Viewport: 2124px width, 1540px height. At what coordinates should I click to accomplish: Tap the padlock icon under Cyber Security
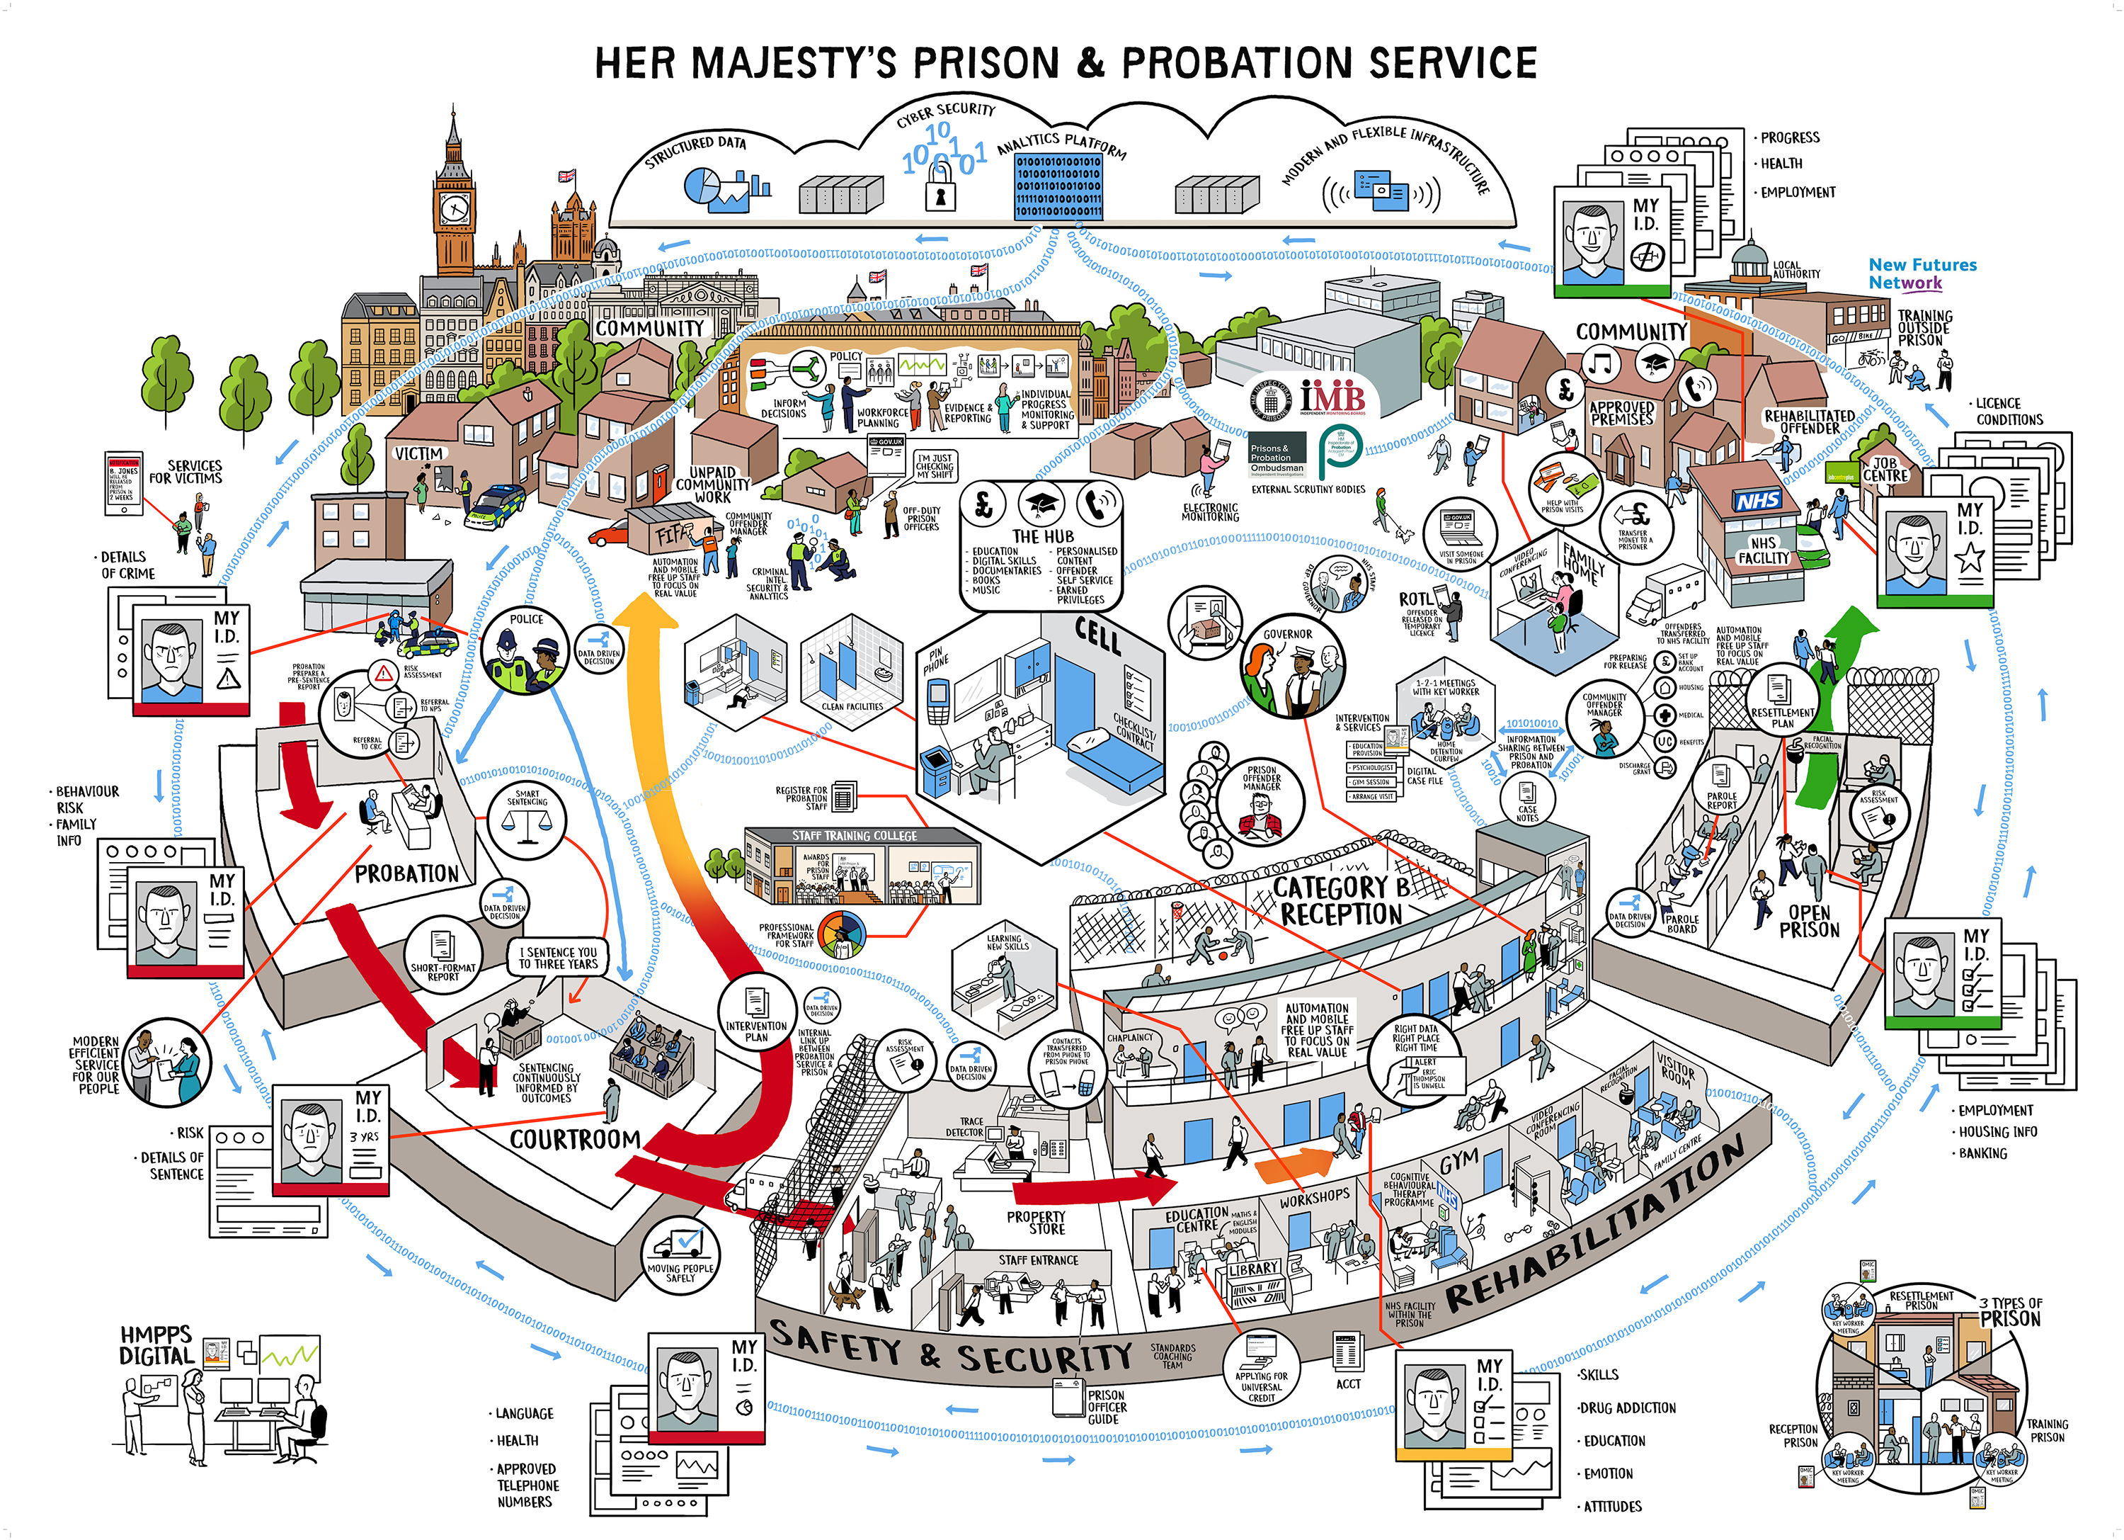coord(940,195)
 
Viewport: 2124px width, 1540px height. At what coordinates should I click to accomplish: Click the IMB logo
coord(1331,396)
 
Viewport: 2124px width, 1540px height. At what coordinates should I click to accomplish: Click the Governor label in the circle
coord(1288,634)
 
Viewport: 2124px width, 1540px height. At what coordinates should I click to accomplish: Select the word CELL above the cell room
coord(1097,636)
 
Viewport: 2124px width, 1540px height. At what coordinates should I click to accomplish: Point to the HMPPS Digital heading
coord(156,1344)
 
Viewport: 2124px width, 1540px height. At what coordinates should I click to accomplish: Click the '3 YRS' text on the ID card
coord(365,1136)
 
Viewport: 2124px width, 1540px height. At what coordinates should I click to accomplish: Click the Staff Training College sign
coord(854,836)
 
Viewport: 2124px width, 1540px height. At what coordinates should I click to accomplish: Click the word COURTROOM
coord(575,1139)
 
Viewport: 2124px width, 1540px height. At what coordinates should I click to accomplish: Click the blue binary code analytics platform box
coord(1058,187)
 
